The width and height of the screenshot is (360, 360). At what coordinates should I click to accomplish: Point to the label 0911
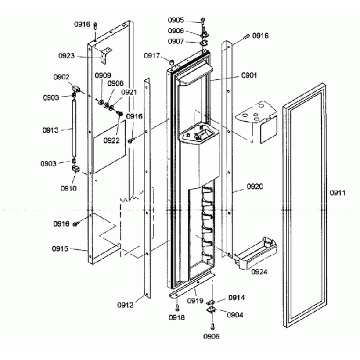[337, 193]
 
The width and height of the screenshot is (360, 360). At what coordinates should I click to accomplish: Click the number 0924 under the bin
[259, 272]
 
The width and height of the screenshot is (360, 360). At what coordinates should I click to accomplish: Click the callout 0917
[152, 55]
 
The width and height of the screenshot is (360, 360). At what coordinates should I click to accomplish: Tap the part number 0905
[192, 20]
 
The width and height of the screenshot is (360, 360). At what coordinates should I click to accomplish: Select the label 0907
[191, 41]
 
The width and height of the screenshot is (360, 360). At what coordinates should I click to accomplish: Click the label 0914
[236, 298]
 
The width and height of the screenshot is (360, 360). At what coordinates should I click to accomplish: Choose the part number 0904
[234, 314]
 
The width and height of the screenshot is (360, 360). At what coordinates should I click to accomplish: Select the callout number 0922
[111, 141]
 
